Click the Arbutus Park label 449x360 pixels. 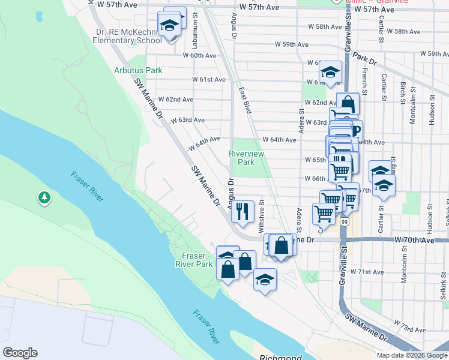click(x=138, y=70)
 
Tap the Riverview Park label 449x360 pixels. click(x=246, y=158)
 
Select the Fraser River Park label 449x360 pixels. click(x=194, y=260)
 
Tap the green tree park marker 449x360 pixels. click(x=44, y=197)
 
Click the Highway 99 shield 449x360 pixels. click(x=345, y=222)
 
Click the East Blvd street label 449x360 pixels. click(x=244, y=100)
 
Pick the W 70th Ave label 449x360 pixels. click(x=414, y=239)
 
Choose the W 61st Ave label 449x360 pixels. click(x=208, y=79)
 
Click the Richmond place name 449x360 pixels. click(x=280, y=358)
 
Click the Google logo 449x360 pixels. click(x=20, y=353)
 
